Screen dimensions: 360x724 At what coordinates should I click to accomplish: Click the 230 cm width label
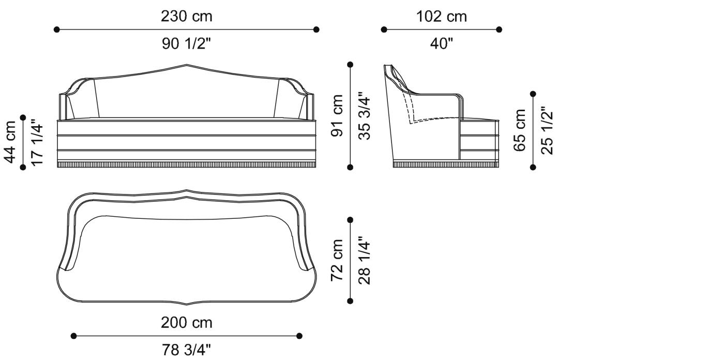click(x=186, y=17)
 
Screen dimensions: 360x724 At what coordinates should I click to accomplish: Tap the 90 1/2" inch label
click(x=186, y=44)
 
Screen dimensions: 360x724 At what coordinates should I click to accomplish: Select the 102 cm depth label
click(x=441, y=17)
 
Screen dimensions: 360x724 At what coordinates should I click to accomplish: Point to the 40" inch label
click(x=441, y=44)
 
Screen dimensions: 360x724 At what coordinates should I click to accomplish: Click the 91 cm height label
click(x=337, y=115)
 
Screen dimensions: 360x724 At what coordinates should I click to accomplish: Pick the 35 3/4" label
click(x=365, y=115)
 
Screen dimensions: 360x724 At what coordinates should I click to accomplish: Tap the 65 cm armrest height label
click(x=520, y=130)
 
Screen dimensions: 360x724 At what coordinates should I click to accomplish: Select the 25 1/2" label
click(x=547, y=130)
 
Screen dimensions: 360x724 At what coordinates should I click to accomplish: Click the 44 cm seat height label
click(x=9, y=141)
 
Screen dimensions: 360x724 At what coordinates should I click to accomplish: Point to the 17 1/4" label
click(x=37, y=141)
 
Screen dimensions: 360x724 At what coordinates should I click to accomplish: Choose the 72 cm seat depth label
click(x=337, y=260)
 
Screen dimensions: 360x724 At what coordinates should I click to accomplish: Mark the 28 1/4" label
click(x=365, y=260)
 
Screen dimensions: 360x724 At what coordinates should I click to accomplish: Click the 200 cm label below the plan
click(x=186, y=323)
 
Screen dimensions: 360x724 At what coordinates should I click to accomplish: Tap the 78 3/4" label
click(x=186, y=351)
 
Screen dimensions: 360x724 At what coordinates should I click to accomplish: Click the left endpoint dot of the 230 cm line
click(x=57, y=29)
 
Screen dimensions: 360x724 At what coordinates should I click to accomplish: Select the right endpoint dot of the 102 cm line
click(x=499, y=29)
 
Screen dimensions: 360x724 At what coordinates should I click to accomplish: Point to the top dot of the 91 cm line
click(x=351, y=65)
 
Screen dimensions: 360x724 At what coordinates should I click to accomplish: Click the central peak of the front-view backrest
click(x=187, y=65)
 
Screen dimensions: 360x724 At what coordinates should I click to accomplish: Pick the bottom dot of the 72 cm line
click(x=351, y=301)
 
